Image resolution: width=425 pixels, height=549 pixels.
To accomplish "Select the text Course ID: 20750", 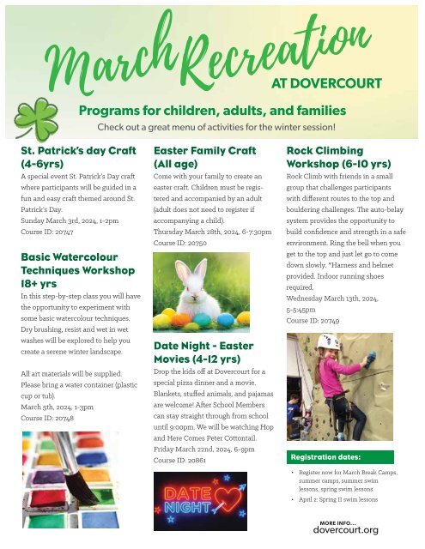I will click(182, 243).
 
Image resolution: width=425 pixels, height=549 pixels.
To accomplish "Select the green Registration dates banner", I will click(339, 457).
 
